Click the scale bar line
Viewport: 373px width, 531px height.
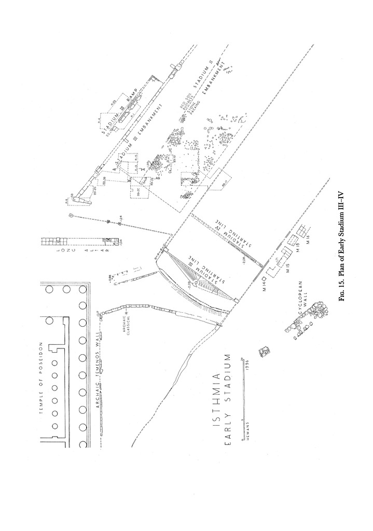coord(242,400)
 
